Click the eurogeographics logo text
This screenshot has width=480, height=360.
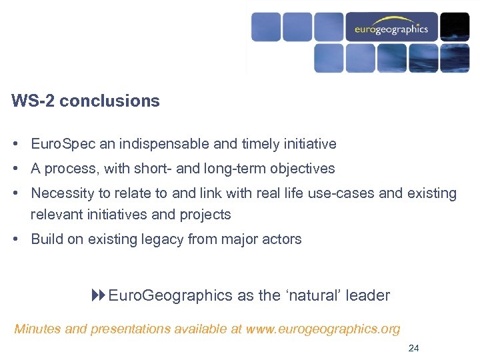click(391, 29)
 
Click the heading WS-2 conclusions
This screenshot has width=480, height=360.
click(85, 101)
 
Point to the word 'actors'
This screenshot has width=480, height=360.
click(283, 239)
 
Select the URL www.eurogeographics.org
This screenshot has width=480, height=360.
click(323, 329)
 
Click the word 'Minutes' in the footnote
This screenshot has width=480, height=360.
click(37, 329)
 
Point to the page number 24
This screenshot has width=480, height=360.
click(413, 347)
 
